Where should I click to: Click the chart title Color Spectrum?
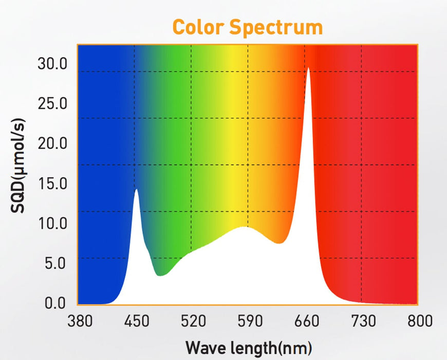point(247,27)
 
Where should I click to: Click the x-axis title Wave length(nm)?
point(248,347)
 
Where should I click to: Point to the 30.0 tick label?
point(53,64)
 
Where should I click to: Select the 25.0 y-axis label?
point(53,103)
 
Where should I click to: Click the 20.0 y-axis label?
point(53,143)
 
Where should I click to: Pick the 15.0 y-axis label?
point(53,183)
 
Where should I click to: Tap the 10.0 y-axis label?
point(53,223)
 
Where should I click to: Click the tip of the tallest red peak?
point(308,68)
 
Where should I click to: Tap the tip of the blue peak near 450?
point(136,189)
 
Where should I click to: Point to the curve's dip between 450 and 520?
point(161,276)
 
